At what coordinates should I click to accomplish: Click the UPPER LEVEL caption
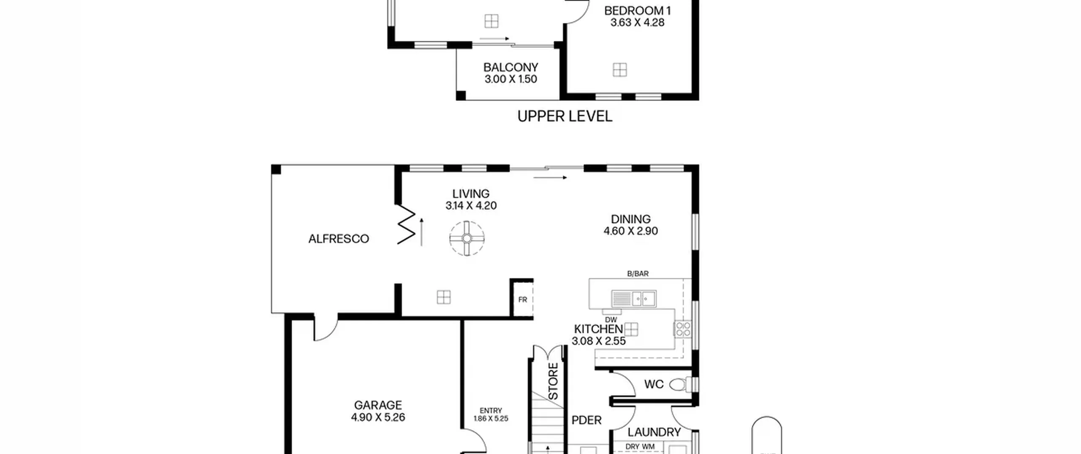click(x=565, y=116)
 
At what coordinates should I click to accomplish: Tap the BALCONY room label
click(x=511, y=67)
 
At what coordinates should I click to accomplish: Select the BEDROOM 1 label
click(x=638, y=11)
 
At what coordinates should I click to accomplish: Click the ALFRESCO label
click(x=339, y=239)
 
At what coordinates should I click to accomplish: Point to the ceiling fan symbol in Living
click(x=467, y=239)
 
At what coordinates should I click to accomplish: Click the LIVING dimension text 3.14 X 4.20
click(x=471, y=206)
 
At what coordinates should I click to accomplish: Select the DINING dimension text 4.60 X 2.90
click(x=630, y=231)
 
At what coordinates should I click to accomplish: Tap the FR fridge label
click(x=523, y=300)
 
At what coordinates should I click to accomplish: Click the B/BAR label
click(x=638, y=274)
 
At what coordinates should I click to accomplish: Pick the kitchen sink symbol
click(x=634, y=299)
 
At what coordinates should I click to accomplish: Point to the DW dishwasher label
click(x=611, y=320)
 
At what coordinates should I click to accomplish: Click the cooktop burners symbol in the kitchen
click(x=682, y=329)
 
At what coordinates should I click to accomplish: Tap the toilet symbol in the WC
click(x=680, y=384)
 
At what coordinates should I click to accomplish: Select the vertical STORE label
click(x=553, y=381)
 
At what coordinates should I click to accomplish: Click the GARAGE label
click(x=378, y=405)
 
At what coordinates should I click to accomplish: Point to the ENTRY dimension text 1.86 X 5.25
click(x=491, y=419)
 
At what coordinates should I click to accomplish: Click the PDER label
click(x=587, y=420)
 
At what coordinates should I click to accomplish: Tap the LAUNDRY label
click(x=654, y=432)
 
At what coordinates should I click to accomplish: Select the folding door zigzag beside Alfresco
click(x=406, y=224)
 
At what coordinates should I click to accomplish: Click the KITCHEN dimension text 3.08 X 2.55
click(x=598, y=341)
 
